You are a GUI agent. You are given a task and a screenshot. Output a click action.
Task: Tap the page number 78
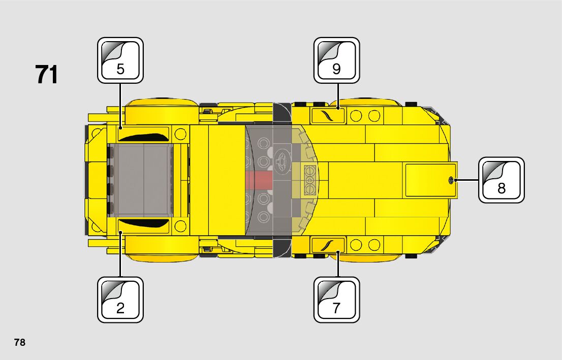pyautogui.click(x=20, y=342)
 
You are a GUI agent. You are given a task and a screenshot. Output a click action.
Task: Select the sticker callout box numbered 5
pyautogui.click(x=120, y=60)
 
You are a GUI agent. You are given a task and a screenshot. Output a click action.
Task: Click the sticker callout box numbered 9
pyautogui.click(x=336, y=60)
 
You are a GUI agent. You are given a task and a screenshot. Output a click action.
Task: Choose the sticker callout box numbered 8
pyautogui.click(x=501, y=180)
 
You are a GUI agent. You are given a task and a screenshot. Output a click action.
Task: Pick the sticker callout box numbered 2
pyautogui.click(x=120, y=300)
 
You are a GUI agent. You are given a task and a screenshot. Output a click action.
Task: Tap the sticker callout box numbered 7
pyautogui.click(x=336, y=300)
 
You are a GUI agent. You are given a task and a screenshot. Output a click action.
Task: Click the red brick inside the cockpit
pyautogui.click(x=259, y=179)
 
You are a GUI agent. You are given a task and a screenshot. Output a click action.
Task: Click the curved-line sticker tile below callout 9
pyautogui.click(x=328, y=116)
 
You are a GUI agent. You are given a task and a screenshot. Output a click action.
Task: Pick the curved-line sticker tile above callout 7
pyautogui.click(x=328, y=245)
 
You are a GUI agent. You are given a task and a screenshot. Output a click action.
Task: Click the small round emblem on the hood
pyautogui.click(x=451, y=180)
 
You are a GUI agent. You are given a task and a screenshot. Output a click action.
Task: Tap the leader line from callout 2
pyautogui.click(x=120, y=254)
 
